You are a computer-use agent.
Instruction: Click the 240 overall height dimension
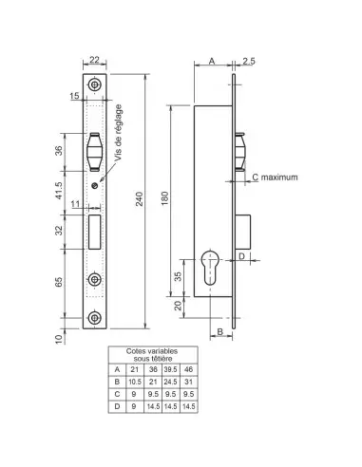coord(140,198)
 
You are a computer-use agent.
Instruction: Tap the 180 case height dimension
coord(165,198)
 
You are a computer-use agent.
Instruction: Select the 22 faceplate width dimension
coord(94,60)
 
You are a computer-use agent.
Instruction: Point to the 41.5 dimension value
coord(59,191)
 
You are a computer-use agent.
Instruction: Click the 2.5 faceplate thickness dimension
coord(249,61)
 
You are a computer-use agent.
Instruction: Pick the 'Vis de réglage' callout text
coord(118,133)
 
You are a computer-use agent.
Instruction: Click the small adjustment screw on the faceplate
coord(94,186)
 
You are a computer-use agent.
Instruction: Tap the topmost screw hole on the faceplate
coord(94,84)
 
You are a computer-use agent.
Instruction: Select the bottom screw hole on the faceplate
coord(94,318)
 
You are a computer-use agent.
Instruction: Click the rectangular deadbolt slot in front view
coord(95,232)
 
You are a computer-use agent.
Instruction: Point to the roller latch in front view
coord(94,152)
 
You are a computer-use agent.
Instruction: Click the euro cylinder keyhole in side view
coord(210,268)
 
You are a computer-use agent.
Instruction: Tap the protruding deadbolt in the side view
coord(243,232)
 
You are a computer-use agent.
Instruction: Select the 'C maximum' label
coord(275,177)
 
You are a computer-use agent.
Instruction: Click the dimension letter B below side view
coord(220,331)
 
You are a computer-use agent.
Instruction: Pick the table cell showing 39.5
coord(170,369)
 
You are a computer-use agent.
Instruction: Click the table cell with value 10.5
coord(135,382)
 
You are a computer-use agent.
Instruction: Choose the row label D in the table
coord(117,406)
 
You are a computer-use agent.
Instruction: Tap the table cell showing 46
coord(188,369)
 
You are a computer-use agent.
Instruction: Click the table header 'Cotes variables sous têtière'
coord(152,355)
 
